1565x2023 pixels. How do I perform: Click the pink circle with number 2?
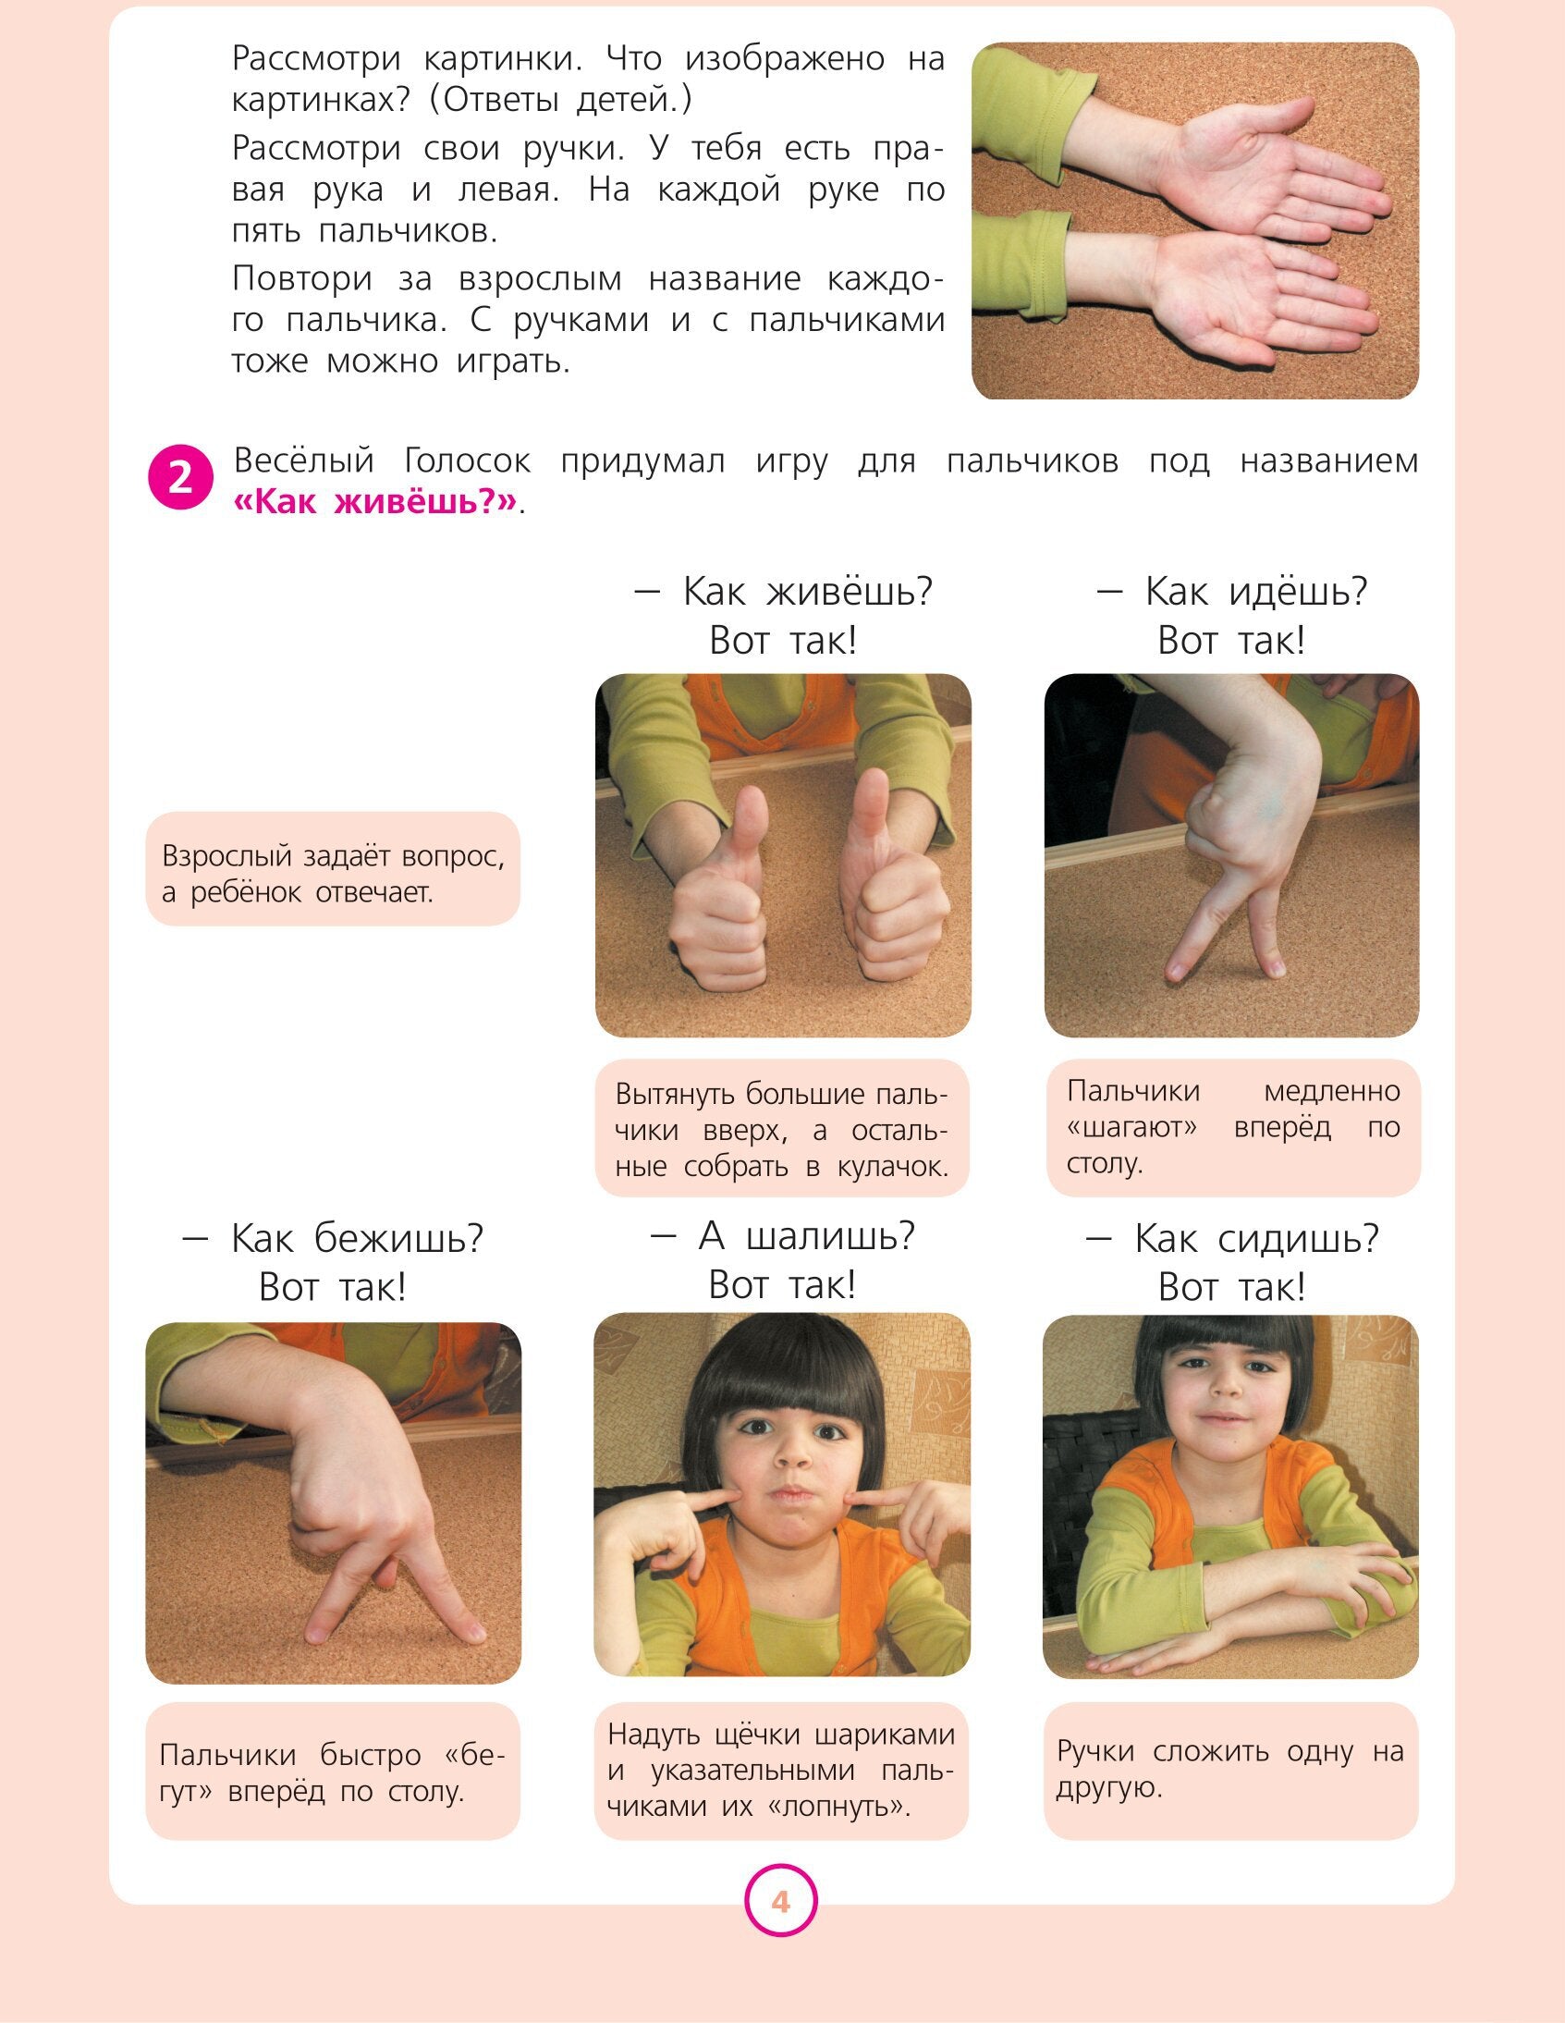(x=180, y=477)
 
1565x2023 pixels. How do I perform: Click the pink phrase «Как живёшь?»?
(x=375, y=502)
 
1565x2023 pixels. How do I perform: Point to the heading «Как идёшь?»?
(x=1231, y=591)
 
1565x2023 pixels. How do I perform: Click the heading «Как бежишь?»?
(x=334, y=1237)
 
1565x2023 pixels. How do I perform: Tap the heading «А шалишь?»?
(x=782, y=1235)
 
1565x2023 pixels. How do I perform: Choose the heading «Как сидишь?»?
(x=1231, y=1237)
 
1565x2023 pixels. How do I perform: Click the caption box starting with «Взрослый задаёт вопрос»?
(x=334, y=869)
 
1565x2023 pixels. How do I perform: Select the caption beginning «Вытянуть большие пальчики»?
(x=782, y=1128)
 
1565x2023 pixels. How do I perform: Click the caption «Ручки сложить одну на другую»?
(x=1231, y=1769)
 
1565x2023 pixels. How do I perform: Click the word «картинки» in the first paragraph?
(x=504, y=59)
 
